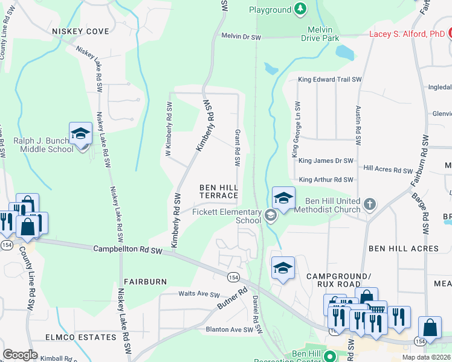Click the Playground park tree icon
pos(300,10)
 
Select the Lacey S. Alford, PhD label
pos(407,34)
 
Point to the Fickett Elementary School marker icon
pos(270,215)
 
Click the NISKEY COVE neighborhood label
pos(80,31)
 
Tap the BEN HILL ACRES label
pos(404,248)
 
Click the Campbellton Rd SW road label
pos(129,249)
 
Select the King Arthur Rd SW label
pos(326,180)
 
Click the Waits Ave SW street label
pos(198,294)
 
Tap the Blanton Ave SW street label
pos(229,329)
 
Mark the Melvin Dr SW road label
pos(241,37)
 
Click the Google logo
pos(20,355)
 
